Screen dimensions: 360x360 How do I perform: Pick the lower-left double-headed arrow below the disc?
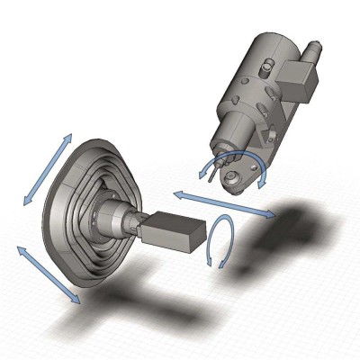(x=49, y=274)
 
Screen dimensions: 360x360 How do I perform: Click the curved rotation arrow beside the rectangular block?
(x=220, y=241)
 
